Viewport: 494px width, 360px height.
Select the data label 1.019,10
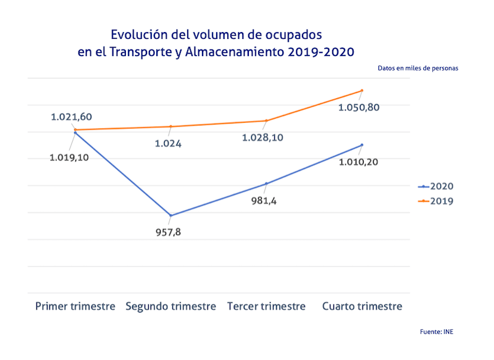point(69,157)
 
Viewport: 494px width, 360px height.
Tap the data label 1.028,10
point(263,137)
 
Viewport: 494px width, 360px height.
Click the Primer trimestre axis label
point(75,306)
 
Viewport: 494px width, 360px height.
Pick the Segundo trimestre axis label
point(171,306)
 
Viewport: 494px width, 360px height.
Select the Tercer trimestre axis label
point(266,306)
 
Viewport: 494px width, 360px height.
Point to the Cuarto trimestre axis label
point(362,306)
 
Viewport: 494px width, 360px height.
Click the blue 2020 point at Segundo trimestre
point(170,216)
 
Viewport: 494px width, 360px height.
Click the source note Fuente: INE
point(437,332)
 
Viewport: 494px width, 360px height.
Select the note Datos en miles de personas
point(418,69)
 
